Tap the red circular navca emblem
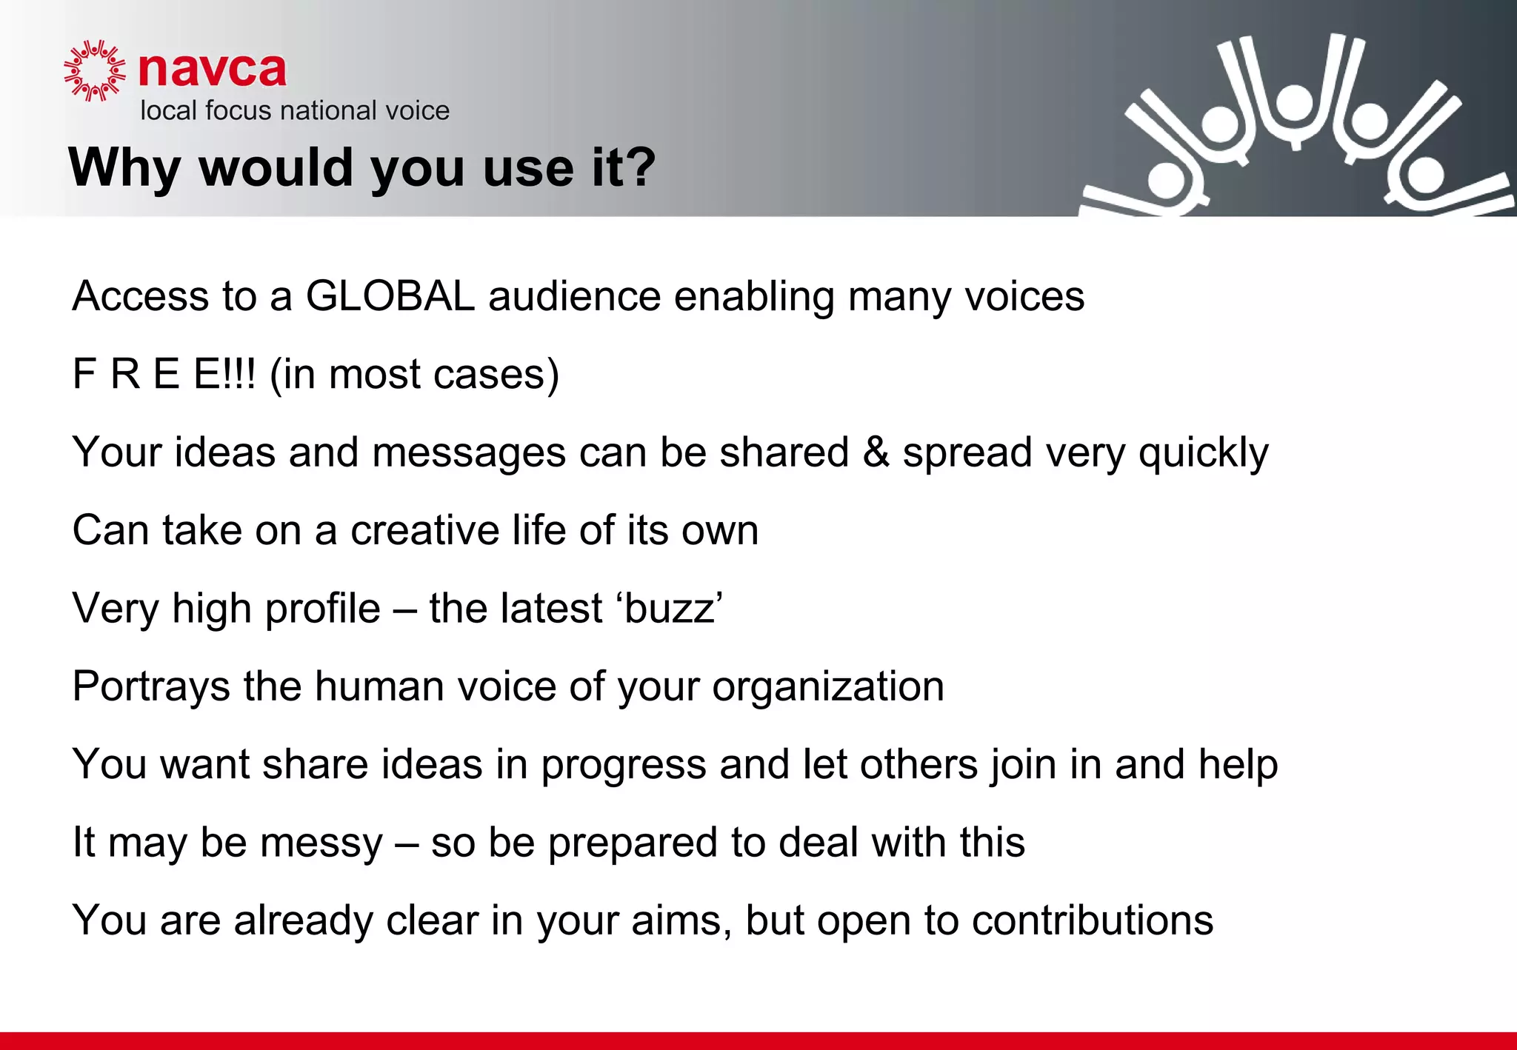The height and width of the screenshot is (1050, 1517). click(x=94, y=70)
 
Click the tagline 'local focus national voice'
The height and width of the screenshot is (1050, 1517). click(x=295, y=111)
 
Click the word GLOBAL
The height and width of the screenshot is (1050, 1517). click(x=390, y=296)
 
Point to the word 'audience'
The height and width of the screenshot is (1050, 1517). click(x=574, y=296)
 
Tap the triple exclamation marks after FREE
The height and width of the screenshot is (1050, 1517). click(x=239, y=374)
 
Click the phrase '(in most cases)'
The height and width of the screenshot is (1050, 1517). click(x=415, y=375)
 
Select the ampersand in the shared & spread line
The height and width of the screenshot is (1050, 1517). click(x=876, y=452)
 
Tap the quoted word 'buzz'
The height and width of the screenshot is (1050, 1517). click(x=670, y=609)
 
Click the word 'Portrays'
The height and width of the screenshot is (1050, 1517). click(x=151, y=687)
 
